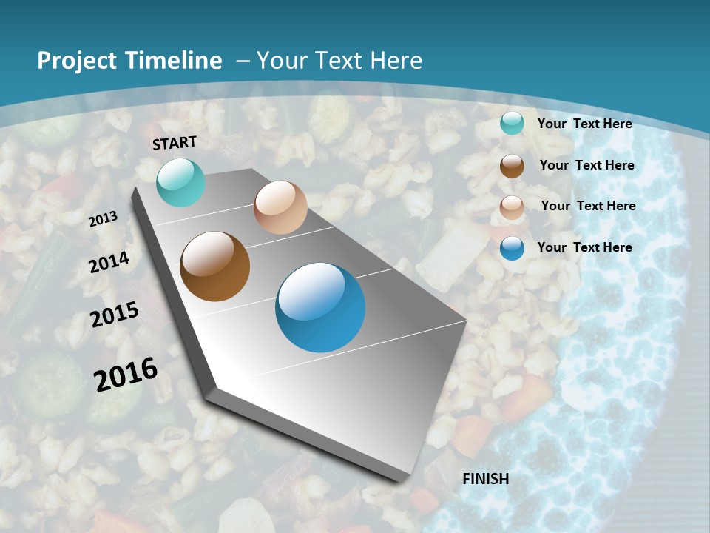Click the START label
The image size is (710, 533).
(x=175, y=142)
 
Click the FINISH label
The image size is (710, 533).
(x=486, y=479)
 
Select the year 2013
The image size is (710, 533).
(x=104, y=219)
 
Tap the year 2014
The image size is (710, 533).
(x=109, y=263)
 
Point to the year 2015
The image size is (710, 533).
(x=115, y=315)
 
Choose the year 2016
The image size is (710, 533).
(x=126, y=374)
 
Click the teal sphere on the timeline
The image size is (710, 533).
(x=180, y=183)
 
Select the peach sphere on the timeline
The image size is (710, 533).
(x=280, y=207)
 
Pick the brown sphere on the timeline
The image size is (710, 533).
(x=215, y=266)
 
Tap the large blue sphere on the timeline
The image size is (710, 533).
(x=320, y=307)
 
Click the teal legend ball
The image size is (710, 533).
(x=512, y=124)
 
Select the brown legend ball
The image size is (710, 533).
(x=512, y=166)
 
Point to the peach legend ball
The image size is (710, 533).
(x=512, y=207)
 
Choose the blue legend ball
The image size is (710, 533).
(x=512, y=248)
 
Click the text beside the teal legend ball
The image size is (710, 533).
(x=585, y=124)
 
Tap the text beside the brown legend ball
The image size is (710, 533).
(x=587, y=165)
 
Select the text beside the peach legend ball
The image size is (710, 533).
(x=589, y=206)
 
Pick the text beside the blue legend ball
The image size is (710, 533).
(x=585, y=247)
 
